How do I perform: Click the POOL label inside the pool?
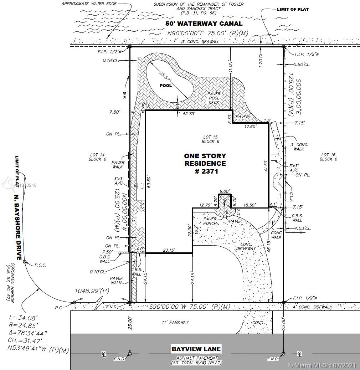pyautogui.click(x=166, y=86)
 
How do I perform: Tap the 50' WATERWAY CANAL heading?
pyautogui.click(x=204, y=24)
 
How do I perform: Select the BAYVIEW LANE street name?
pyautogui.click(x=196, y=349)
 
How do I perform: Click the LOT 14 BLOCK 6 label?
pyautogui.click(x=97, y=157)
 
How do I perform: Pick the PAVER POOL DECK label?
pyautogui.click(x=214, y=98)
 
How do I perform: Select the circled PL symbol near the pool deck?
pyautogui.click(x=145, y=105)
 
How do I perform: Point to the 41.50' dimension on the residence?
pyautogui.click(x=265, y=167)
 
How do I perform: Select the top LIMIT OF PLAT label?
pyautogui.click(x=293, y=9)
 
